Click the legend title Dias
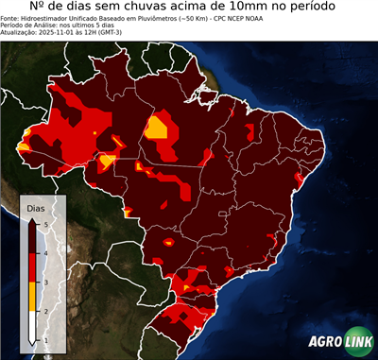34,207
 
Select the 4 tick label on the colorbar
45,252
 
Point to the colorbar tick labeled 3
45,282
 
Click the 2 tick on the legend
45,311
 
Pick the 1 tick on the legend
45,339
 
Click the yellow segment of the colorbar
33,296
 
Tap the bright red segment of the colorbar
33,266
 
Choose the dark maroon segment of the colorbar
33,237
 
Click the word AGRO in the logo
323,343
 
